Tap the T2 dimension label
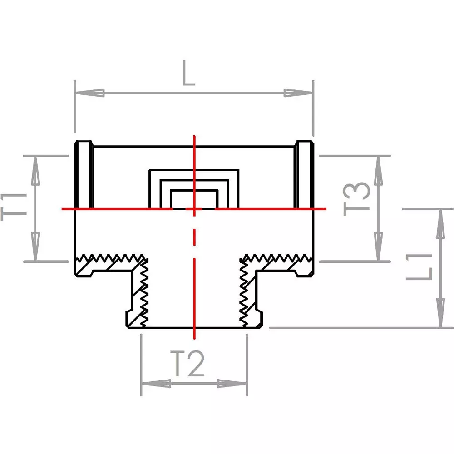pyautogui.click(x=190, y=364)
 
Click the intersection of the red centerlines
pyautogui.click(x=194, y=209)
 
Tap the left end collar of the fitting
pyautogui.click(x=84, y=175)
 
